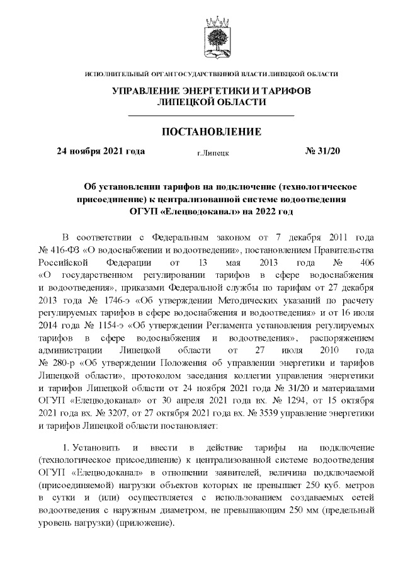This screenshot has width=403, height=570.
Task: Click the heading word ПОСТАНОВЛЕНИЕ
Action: click(212, 132)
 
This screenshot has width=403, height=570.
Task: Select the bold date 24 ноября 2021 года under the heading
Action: click(101, 151)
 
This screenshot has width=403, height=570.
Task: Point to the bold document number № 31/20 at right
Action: click(322, 151)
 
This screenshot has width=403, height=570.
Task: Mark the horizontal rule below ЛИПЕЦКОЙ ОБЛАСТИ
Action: click(212, 116)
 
